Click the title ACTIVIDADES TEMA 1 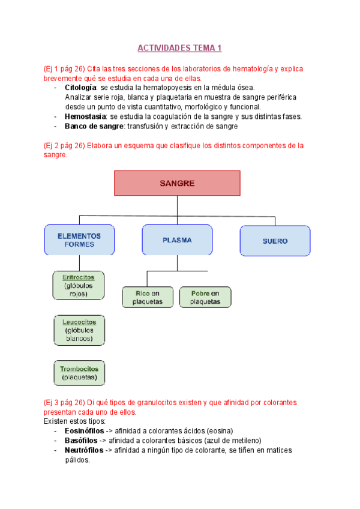(179, 47)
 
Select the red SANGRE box (177, 183)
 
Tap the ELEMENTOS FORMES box (79, 240)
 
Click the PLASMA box (177, 240)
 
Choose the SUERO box (275, 241)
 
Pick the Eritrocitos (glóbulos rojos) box (79, 285)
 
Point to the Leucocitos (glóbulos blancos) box (79, 330)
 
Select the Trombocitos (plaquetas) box (79, 373)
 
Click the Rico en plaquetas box (148, 297)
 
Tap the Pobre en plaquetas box (205, 297)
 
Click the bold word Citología (81, 88)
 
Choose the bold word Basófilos (81, 441)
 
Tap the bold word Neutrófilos (83, 450)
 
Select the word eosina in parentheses (219, 431)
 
